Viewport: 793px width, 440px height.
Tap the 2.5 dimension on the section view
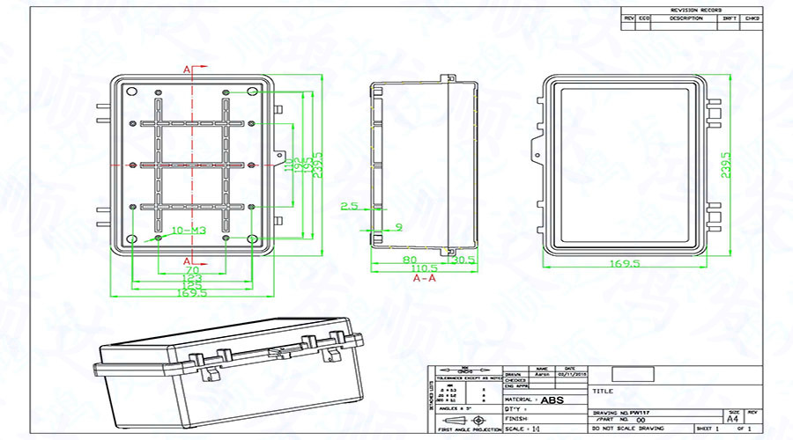coord(349,206)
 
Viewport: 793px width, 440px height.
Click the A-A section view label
coord(425,278)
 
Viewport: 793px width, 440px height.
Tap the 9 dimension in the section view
coord(398,226)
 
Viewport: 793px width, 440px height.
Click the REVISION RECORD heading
coord(693,9)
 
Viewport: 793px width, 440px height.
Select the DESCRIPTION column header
coord(686,17)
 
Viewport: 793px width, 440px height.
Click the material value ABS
coord(552,400)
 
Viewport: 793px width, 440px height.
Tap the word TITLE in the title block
coord(604,390)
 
